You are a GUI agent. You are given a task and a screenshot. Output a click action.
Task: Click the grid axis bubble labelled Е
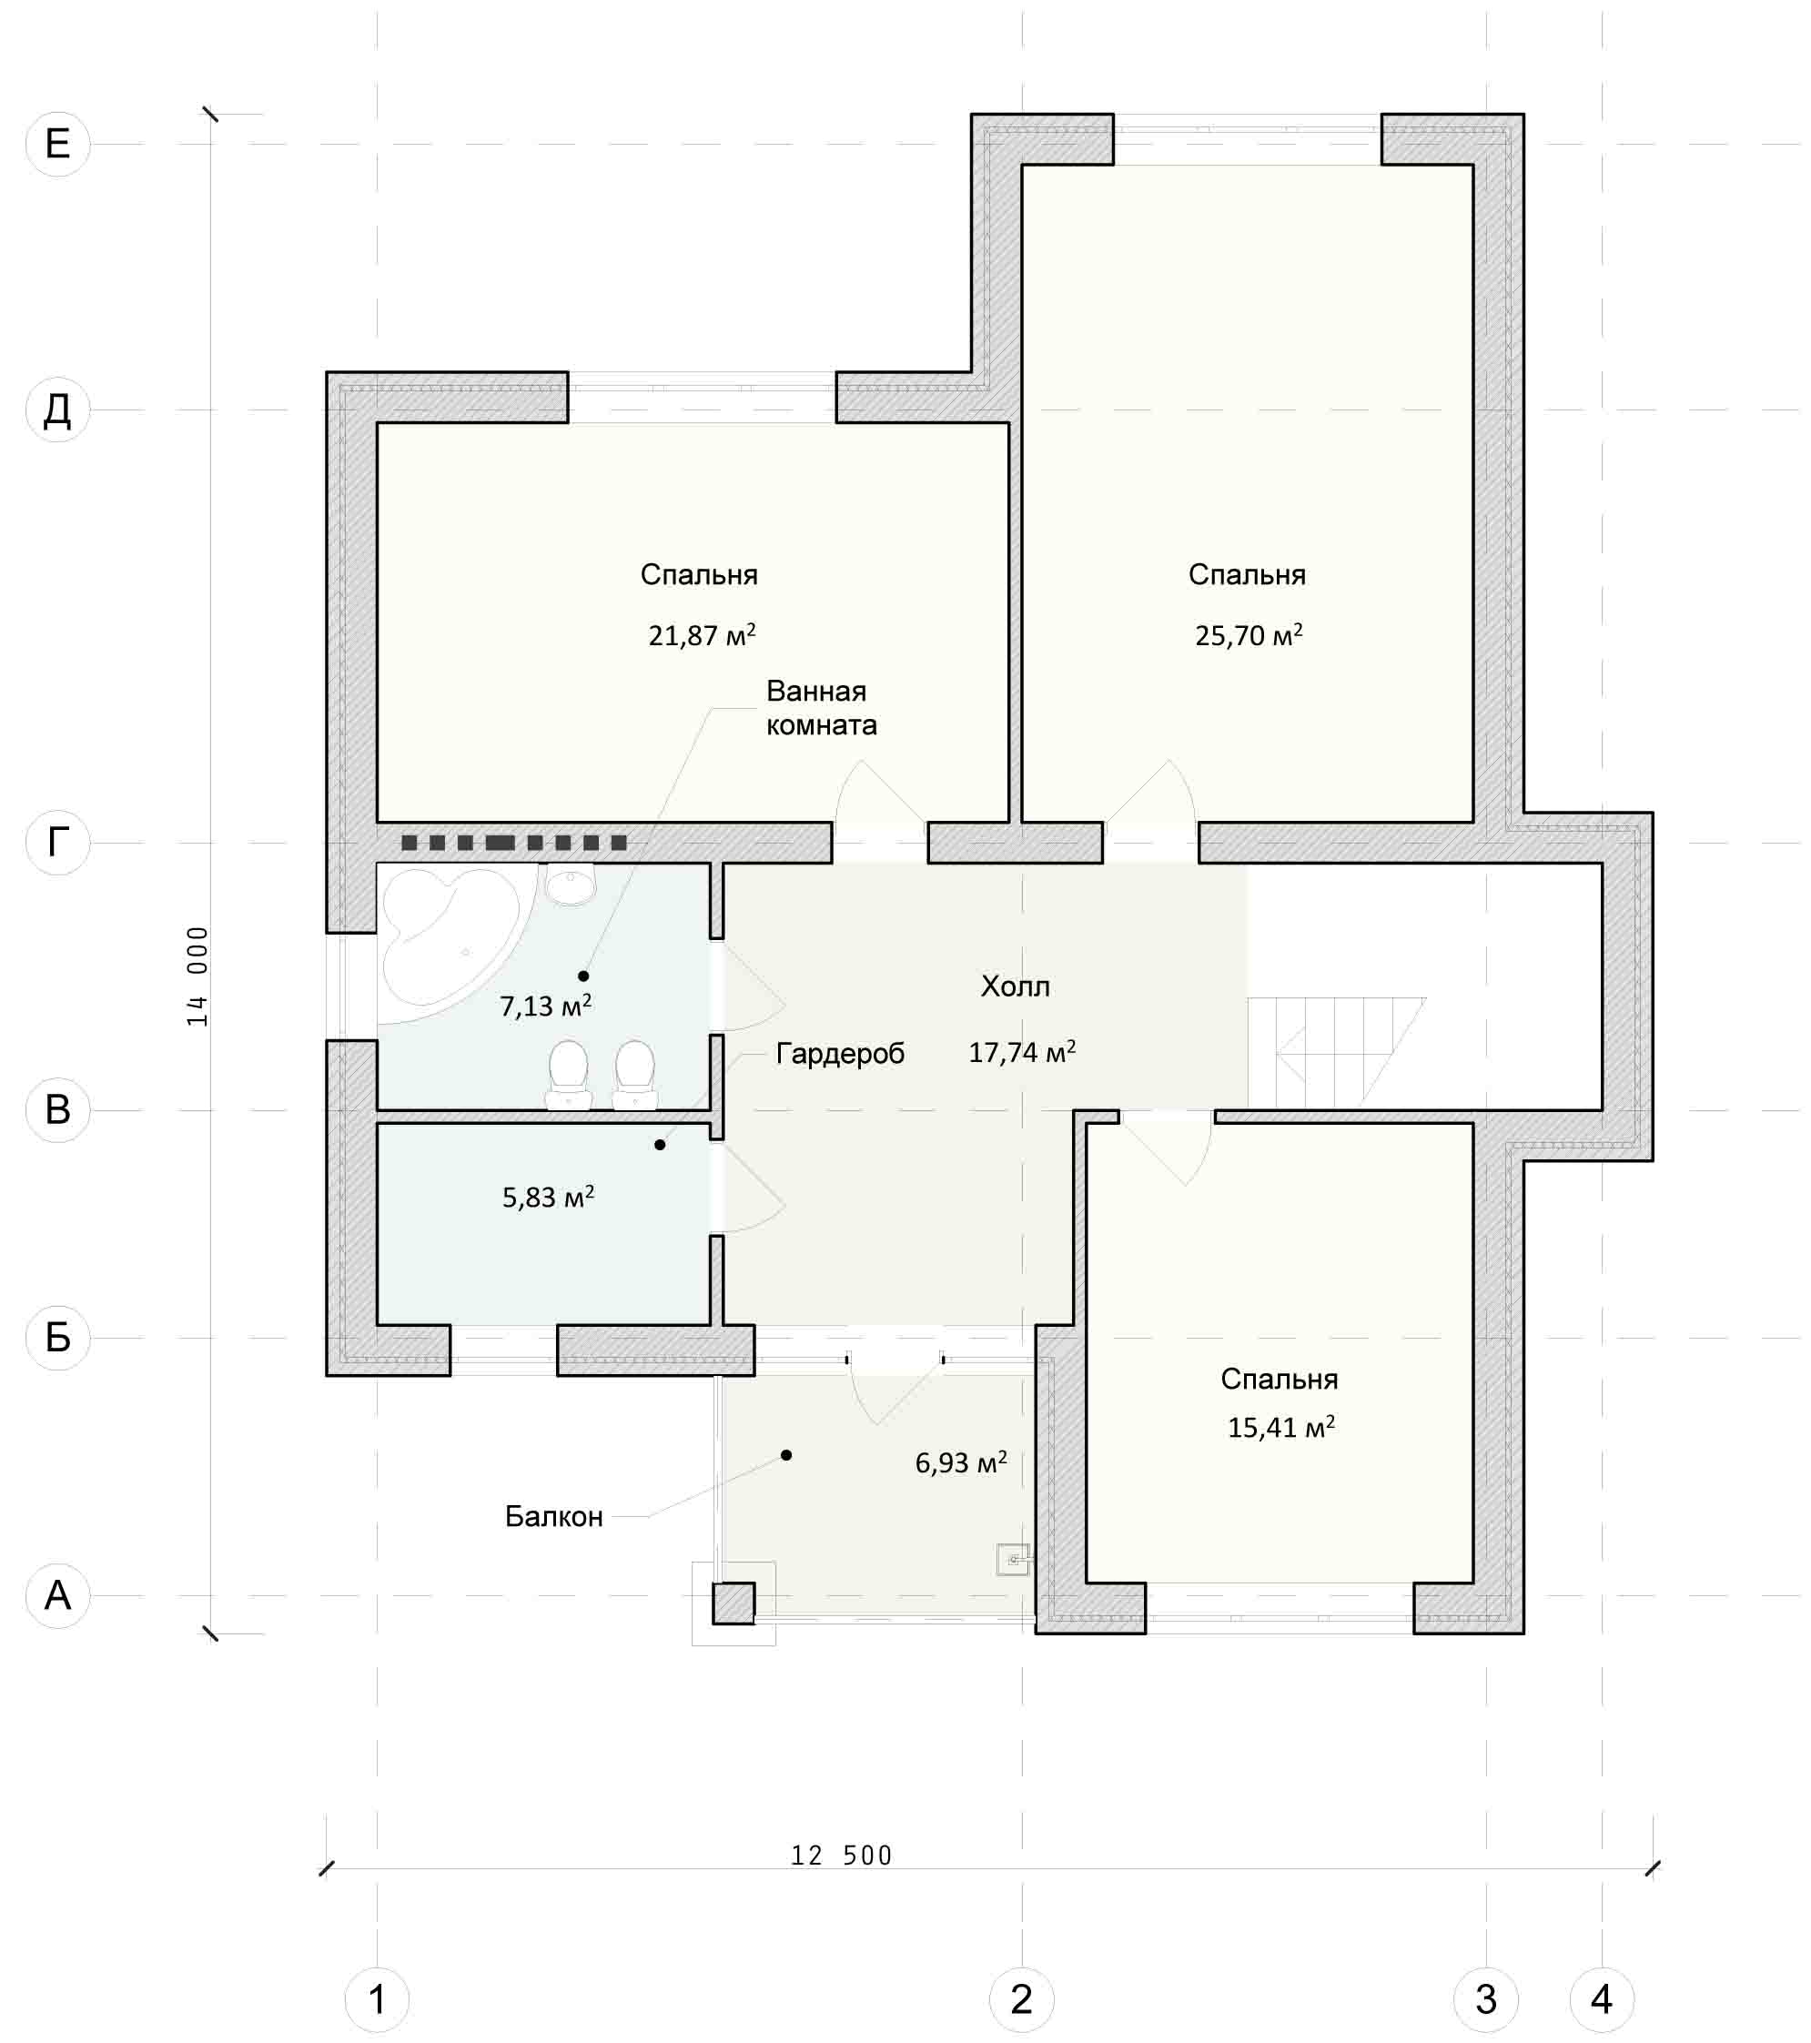(x=57, y=144)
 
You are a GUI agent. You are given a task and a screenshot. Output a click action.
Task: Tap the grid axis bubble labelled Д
(x=57, y=410)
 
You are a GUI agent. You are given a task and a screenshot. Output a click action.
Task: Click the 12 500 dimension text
(x=842, y=1856)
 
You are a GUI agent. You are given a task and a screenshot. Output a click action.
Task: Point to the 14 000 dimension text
(x=197, y=976)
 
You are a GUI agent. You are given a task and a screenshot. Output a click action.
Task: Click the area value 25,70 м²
(x=1249, y=634)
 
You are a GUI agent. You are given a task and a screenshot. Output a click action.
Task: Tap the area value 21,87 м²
(x=702, y=634)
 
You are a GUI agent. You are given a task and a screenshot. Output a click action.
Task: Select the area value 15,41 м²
(x=1281, y=1426)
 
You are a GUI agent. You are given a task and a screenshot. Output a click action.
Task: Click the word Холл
(x=1016, y=986)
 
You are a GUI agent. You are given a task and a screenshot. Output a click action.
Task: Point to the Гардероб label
(x=841, y=1054)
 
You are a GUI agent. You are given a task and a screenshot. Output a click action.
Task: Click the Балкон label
(x=553, y=1516)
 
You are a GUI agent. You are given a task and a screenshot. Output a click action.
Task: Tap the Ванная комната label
(x=822, y=708)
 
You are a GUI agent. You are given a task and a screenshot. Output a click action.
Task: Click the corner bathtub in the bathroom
(x=450, y=944)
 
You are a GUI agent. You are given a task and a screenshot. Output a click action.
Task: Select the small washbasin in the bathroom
(x=571, y=884)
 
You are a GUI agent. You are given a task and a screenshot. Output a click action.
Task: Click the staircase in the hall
(x=1336, y=1053)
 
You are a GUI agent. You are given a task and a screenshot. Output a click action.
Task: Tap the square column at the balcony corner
(x=733, y=1603)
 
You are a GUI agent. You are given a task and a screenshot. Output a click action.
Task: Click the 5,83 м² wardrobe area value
(x=548, y=1197)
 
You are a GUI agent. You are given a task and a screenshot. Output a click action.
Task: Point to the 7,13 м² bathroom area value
(x=546, y=1006)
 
